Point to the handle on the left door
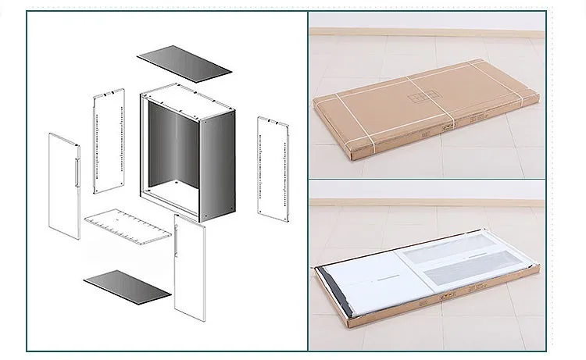[x=75, y=172]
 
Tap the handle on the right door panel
[x=179, y=238]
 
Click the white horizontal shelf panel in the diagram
[x=127, y=228]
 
